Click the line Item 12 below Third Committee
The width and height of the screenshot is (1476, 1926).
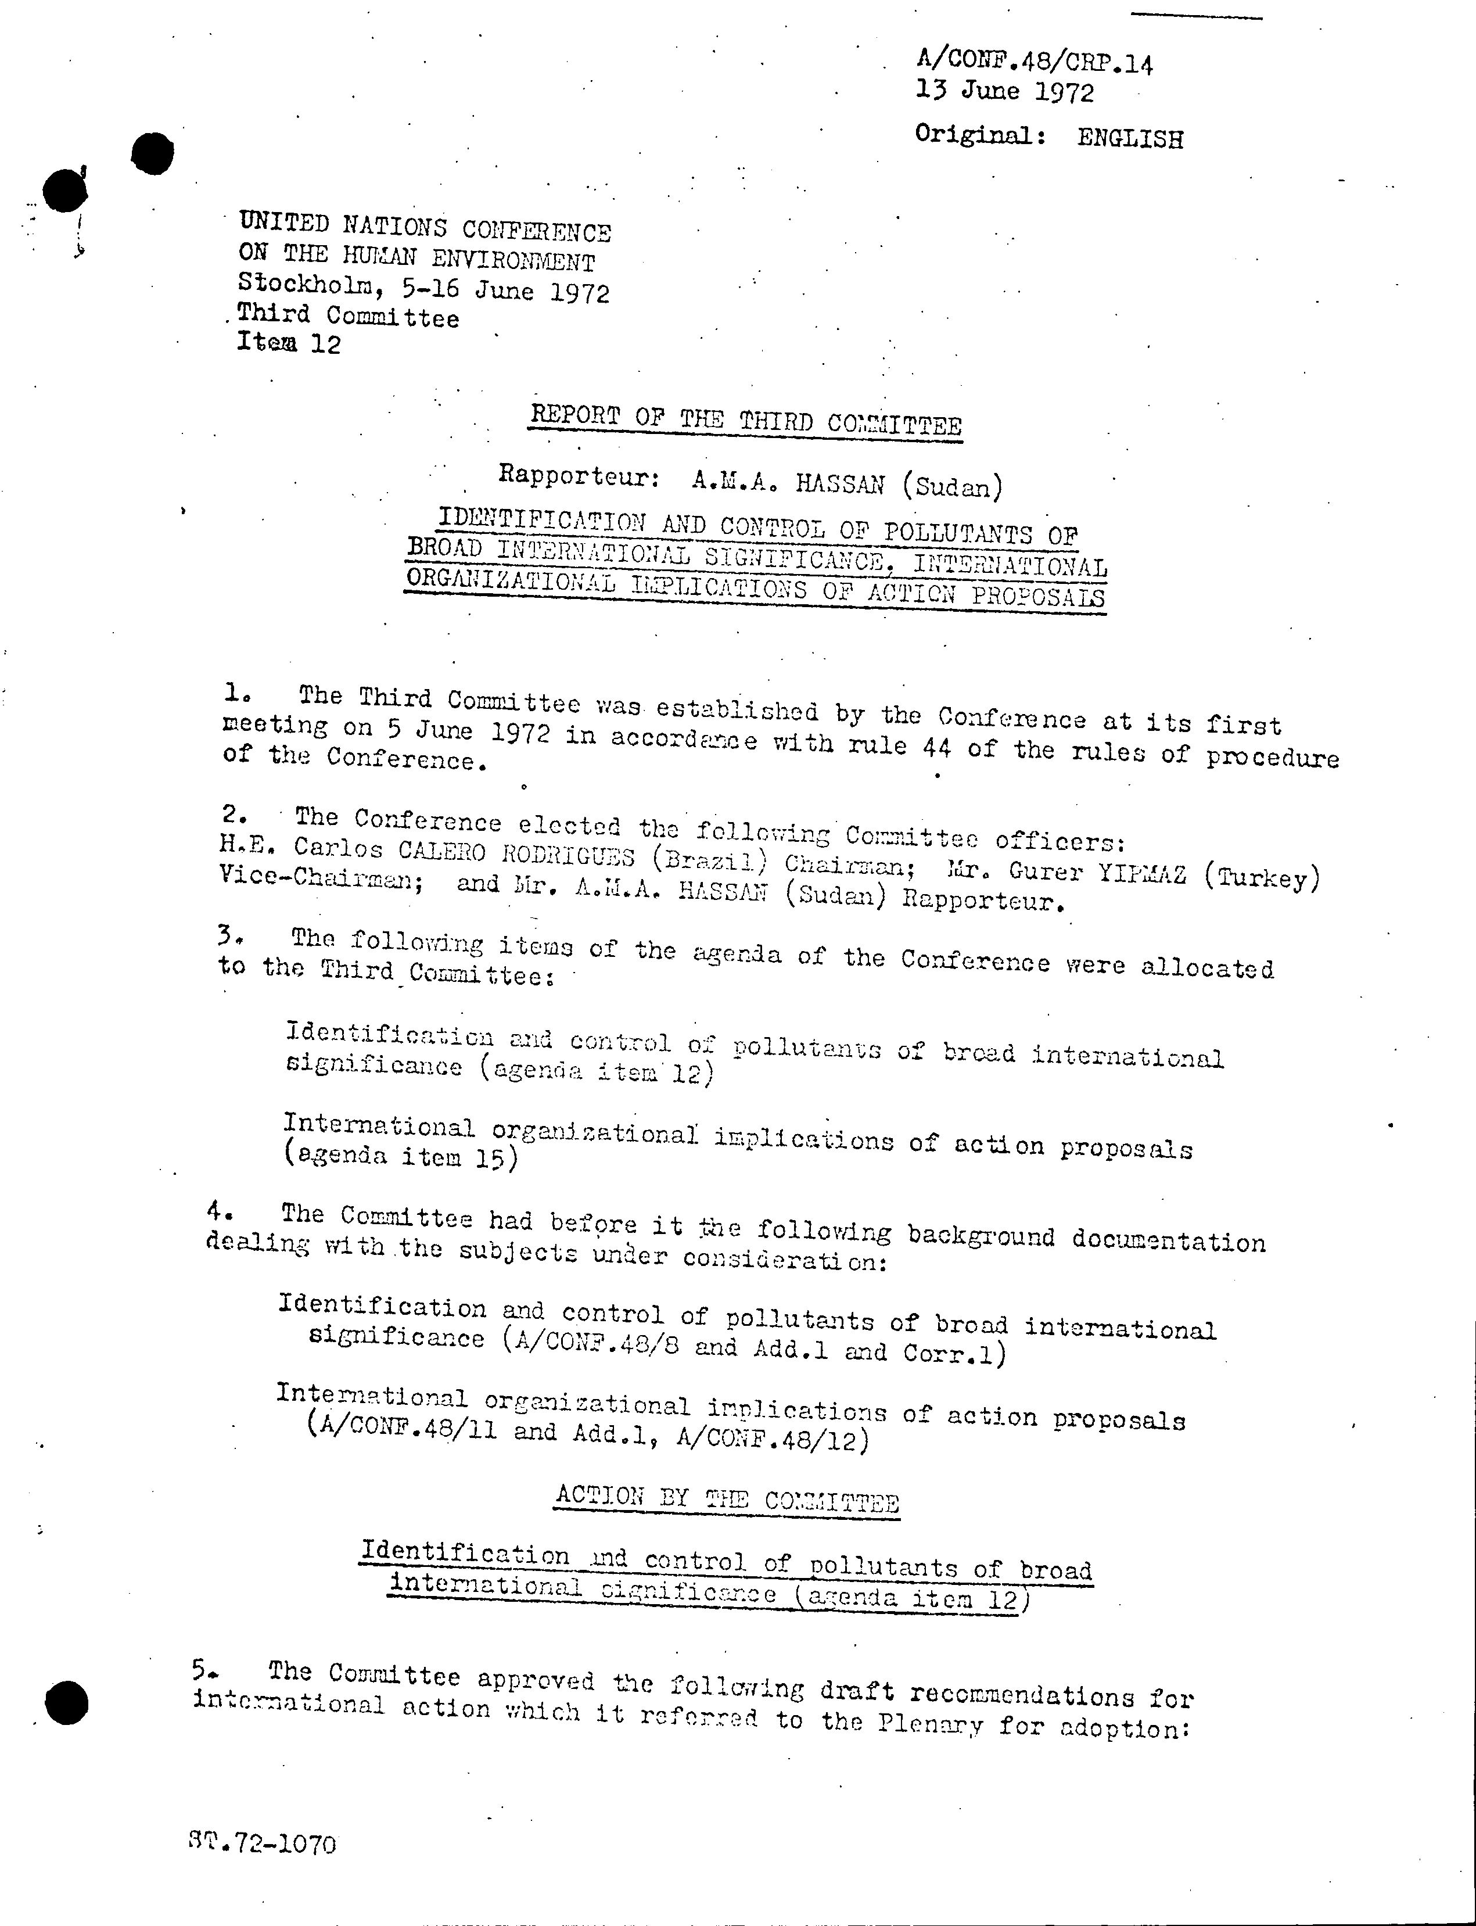click(288, 343)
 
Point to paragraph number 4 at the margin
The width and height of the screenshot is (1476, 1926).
click(219, 1211)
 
